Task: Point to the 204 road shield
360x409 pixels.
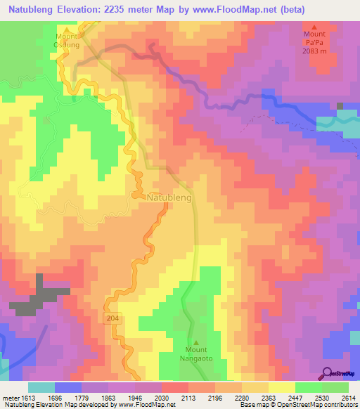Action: tap(115, 318)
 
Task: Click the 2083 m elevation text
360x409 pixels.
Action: tap(315, 51)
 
